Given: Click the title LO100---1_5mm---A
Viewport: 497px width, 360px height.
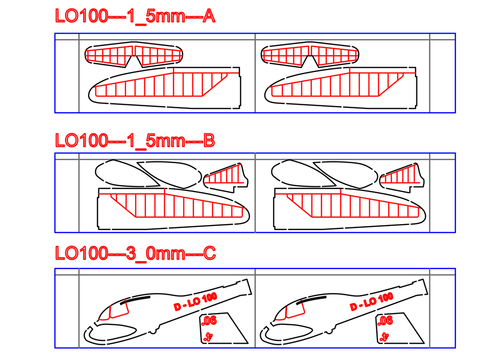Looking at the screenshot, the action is coord(136,16).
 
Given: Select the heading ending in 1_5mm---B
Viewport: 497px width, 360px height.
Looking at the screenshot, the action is coord(135,140).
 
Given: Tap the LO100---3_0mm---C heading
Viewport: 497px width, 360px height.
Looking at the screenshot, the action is coord(136,253).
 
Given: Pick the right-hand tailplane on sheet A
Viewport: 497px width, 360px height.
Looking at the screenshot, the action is coord(310,54).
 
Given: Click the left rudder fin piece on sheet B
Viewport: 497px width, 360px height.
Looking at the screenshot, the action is coord(226,178).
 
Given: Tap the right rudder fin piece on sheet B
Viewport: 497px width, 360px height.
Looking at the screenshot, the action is coord(402,178).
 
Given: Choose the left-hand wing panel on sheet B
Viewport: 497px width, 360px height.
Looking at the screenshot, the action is coord(173,209).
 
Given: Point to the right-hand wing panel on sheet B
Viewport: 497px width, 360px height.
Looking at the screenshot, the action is coord(349,209).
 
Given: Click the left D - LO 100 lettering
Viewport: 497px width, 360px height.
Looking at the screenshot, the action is coord(195,301).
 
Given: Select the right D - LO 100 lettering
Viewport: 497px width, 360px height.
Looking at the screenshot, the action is coord(372,301).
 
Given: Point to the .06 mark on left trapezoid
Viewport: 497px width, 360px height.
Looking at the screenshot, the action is coord(209,321).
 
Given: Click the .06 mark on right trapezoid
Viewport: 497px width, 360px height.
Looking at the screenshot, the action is coord(385,321).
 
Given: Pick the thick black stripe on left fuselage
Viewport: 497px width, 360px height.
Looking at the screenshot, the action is coord(135,300).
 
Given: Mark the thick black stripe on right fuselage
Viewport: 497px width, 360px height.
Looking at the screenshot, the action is coord(311,300).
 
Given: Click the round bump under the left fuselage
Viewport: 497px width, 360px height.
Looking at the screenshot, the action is coord(153,331).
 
